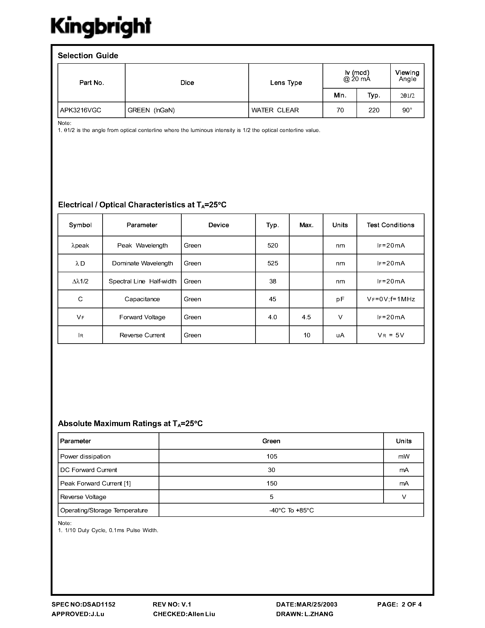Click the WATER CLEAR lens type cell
(x=275, y=110)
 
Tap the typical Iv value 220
(x=374, y=110)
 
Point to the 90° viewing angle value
(x=407, y=110)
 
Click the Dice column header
(x=187, y=83)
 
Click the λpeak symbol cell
(x=80, y=245)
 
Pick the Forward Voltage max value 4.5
(x=306, y=317)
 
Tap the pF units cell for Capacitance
(x=340, y=299)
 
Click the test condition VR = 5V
(x=391, y=335)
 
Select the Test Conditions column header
(x=391, y=225)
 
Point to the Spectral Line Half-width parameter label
(x=142, y=281)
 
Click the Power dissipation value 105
(x=272, y=456)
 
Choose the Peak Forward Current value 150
(x=272, y=483)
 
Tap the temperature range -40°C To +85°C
(x=291, y=510)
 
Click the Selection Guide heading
(x=88, y=55)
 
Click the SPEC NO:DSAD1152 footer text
(x=84, y=604)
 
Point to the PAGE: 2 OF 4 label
(x=399, y=604)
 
